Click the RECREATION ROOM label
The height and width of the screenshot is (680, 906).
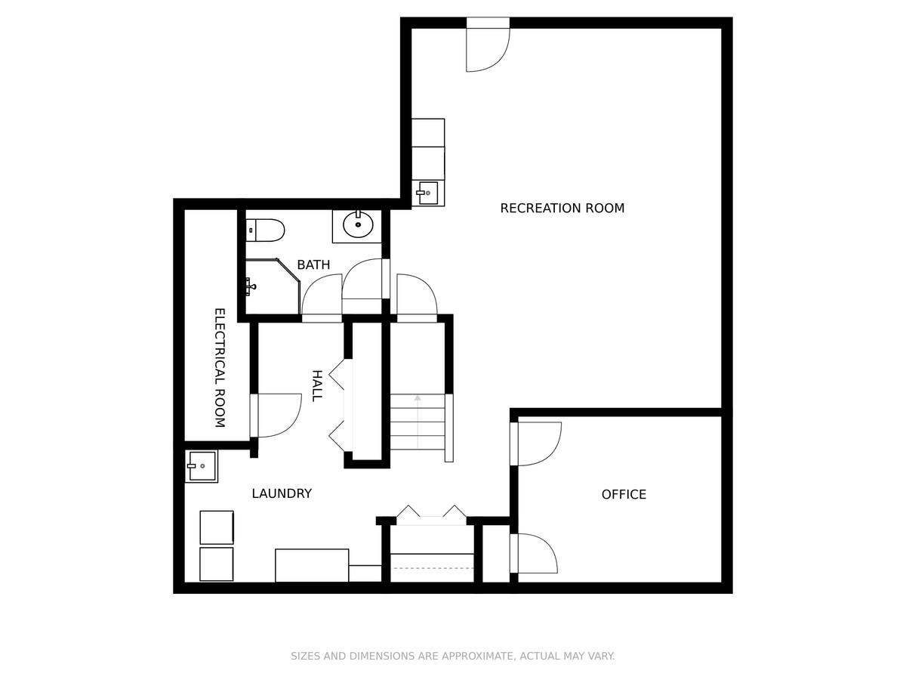(562, 208)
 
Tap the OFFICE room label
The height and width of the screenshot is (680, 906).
(624, 494)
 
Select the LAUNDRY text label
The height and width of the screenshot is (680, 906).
(282, 493)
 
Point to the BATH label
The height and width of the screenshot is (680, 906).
(313, 264)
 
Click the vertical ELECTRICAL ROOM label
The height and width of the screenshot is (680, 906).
(220, 368)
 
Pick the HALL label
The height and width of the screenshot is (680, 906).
(316, 386)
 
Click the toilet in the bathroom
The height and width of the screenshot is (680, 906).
(266, 230)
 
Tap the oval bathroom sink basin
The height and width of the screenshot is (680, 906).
(358, 224)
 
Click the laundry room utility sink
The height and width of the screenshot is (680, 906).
(201, 466)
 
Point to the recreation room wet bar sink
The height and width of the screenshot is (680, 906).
(427, 193)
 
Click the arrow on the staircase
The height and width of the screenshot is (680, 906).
(418, 422)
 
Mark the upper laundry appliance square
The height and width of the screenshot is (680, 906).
(217, 527)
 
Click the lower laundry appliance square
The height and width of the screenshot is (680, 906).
(216, 564)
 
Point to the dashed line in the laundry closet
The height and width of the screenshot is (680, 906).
(433, 568)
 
